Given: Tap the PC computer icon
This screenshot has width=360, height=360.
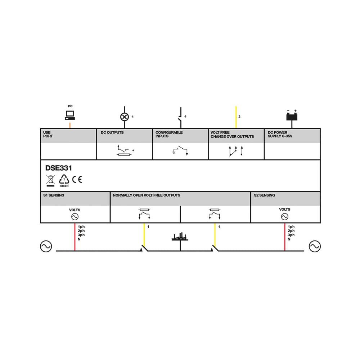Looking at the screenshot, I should (x=69, y=115).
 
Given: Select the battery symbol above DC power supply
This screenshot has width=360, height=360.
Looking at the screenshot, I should (x=292, y=116).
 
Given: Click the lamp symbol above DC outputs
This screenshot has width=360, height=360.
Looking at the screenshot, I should (x=125, y=117).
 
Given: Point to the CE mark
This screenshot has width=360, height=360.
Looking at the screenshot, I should (x=77, y=179).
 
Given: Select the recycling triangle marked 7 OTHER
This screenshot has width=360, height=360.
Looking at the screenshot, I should (x=64, y=179).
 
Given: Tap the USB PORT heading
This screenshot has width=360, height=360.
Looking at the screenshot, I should (x=48, y=134).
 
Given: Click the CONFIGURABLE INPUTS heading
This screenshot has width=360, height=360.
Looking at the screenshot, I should (x=169, y=134).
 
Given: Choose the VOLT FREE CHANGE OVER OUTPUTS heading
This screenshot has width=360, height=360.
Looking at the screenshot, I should (x=232, y=134).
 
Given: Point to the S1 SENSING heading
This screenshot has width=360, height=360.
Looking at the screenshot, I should (x=53, y=195).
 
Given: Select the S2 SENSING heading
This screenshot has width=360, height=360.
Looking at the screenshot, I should (x=264, y=195).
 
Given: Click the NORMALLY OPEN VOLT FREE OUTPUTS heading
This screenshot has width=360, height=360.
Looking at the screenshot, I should (x=147, y=195).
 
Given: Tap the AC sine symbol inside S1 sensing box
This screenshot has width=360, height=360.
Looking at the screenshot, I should (x=75, y=217).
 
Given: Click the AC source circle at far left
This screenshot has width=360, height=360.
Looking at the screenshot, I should (x=46, y=246).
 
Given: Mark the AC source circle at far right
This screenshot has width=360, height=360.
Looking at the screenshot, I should (x=315, y=246).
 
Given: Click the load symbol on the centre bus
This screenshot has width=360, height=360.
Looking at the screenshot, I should (x=180, y=237).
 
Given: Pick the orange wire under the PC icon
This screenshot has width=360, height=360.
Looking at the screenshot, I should (x=69, y=125).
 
